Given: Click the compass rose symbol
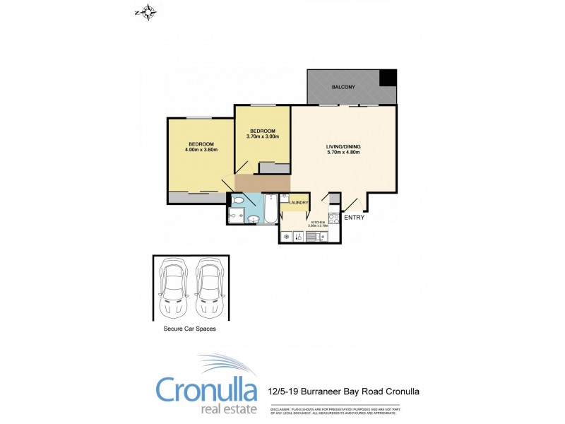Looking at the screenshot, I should coord(148,12).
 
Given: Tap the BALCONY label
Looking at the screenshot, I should coord(343,87).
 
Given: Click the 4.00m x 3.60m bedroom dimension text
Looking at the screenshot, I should coord(201,150).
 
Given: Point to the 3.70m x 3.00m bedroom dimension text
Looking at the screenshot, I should coord(262,136).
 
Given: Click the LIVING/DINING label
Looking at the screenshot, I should coord(344,146).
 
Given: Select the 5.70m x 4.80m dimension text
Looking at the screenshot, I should coord(344,153).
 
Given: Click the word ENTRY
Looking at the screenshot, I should coord(354,218).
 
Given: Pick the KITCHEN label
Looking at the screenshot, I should coord(318,223).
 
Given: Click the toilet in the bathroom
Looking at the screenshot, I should coord(238,201).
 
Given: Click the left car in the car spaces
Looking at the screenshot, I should coord(174,288).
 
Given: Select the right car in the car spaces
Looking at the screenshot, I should coord(209,288).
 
